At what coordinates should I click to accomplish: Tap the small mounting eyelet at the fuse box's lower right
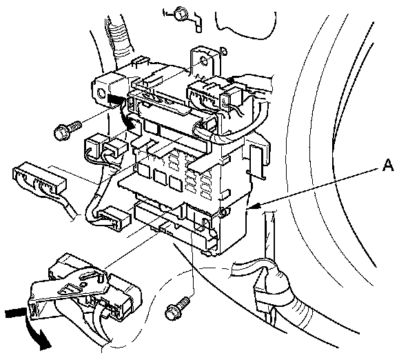click(222, 209)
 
